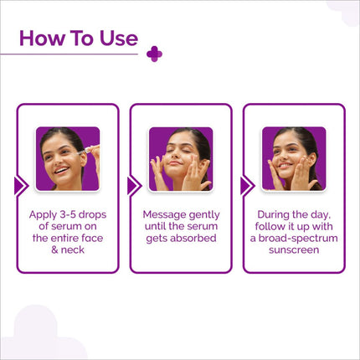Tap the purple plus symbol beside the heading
[153, 54]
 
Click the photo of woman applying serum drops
[68, 158]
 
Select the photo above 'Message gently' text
[180, 158]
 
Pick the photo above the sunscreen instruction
[293, 158]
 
